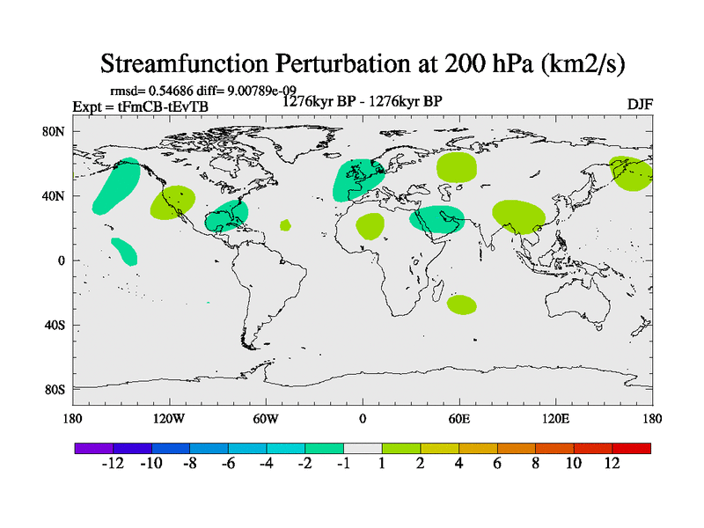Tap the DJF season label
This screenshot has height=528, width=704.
pyautogui.click(x=639, y=105)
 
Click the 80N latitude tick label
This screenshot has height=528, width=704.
pyautogui.click(x=56, y=132)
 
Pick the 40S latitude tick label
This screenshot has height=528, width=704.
pyautogui.click(x=56, y=326)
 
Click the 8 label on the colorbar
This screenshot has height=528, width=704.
pyautogui.click(x=535, y=464)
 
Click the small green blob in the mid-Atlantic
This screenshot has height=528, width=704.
pyautogui.click(x=285, y=225)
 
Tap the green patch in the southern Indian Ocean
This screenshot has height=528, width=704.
pyautogui.click(x=461, y=304)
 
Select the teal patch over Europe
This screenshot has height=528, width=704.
pyautogui.click(x=357, y=180)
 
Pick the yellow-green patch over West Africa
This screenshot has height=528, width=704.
pyautogui.click(x=370, y=226)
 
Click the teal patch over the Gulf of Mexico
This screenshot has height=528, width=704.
pyautogui.click(x=225, y=215)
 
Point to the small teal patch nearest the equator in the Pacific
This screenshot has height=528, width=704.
pyautogui.click(x=124, y=251)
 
